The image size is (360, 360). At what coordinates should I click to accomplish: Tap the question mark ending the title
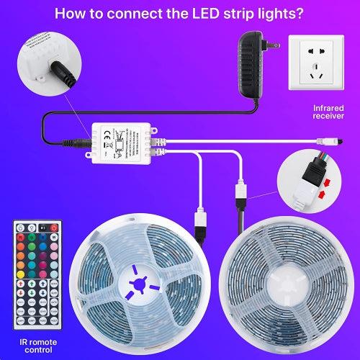(300, 14)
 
